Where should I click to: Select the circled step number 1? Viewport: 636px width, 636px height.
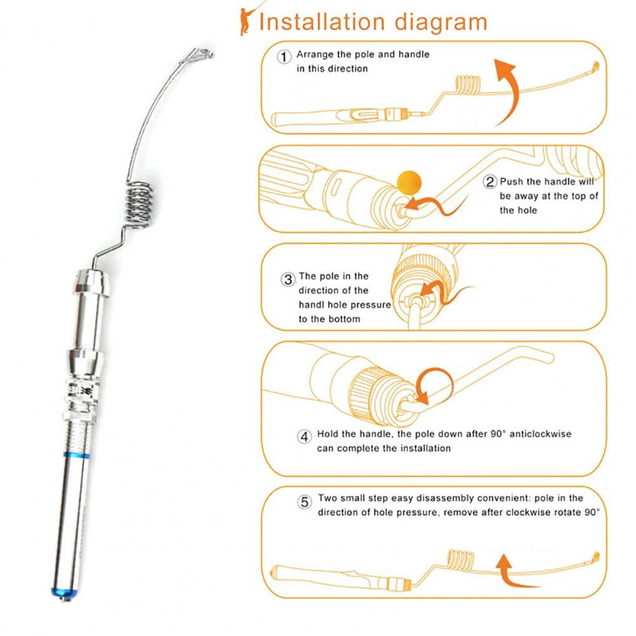(285, 57)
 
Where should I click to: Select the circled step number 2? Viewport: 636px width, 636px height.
(490, 182)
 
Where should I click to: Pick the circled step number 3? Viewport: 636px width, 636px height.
(288, 279)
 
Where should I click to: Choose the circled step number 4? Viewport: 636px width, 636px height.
(305, 436)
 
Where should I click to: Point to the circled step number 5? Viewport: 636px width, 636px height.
(305, 502)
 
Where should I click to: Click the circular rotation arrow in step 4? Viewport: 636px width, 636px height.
(434, 385)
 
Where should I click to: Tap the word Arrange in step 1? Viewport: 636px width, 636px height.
(316, 55)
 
